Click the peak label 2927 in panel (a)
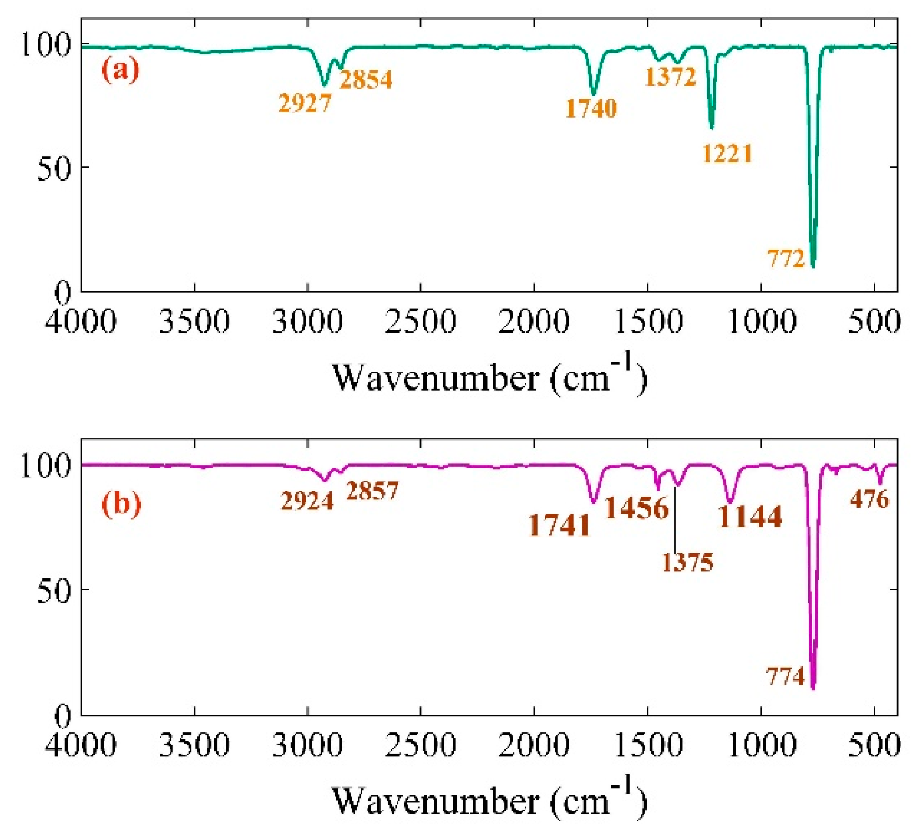(x=305, y=103)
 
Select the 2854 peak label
(x=366, y=80)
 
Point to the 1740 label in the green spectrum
(x=591, y=108)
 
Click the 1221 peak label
(x=727, y=154)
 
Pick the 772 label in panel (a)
(x=785, y=259)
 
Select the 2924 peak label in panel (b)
(x=307, y=500)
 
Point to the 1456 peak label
(x=637, y=508)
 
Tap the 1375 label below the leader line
(x=687, y=563)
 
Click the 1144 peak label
(x=750, y=517)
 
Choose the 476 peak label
(x=869, y=499)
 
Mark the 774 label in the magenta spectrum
(x=785, y=676)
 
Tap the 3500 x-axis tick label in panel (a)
(x=194, y=321)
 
